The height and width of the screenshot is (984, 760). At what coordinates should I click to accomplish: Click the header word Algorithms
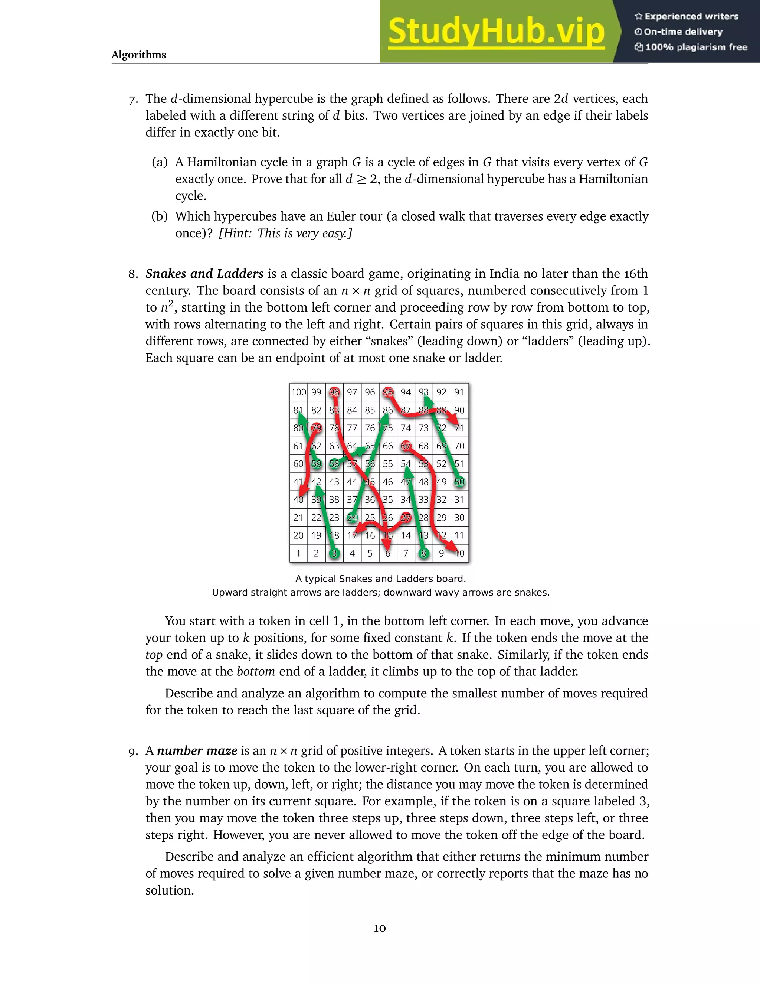click(x=139, y=55)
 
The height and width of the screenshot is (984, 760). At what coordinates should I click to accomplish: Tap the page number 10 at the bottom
click(x=380, y=928)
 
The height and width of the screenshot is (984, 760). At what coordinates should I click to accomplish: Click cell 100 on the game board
click(x=298, y=392)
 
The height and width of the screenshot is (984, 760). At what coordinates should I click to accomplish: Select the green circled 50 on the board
click(x=459, y=482)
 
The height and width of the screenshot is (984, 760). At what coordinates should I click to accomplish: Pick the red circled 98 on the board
click(x=334, y=392)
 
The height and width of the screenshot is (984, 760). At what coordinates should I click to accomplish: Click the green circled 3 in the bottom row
click(x=334, y=553)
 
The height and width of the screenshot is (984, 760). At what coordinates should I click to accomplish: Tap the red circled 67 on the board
click(x=406, y=446)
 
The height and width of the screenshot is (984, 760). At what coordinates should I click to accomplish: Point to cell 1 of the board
click(x=298, y=553)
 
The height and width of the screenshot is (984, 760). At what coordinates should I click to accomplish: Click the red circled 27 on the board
click(x=406, y=518)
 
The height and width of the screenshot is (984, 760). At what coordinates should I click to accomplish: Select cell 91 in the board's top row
click(x=459, y=392)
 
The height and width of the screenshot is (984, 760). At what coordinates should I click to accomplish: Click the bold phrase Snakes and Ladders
click(x=204, y=274)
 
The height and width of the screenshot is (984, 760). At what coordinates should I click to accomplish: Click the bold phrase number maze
click(x=197, y=750)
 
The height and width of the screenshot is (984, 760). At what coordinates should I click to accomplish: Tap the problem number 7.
click(x=132, y=100)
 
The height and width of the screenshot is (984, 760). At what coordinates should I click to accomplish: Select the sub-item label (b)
click(x=159, y=216)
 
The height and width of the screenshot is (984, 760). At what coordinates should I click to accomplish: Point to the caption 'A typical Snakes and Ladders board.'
click(x=380, y=579)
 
